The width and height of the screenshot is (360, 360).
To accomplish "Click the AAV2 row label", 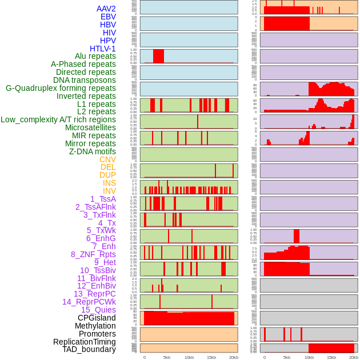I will (x=106, y=9).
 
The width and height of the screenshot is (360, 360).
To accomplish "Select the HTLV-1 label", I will (x=103, y=49).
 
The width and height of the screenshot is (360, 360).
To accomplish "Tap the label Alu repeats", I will (x=95, y=56).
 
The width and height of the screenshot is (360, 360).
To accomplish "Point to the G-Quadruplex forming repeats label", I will (x=61, y=88).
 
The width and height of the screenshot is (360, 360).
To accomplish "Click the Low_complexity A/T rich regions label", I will (x=58, y=119).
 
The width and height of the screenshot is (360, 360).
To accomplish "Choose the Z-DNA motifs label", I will (x=93, y=151).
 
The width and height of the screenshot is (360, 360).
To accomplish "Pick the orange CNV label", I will (x=107, y=159).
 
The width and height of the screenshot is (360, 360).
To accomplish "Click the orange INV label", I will (x=109, y=191).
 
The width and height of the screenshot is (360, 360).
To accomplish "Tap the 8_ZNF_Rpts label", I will (x=93, y=254).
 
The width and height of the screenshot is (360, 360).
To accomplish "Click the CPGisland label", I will (x=97, y=318).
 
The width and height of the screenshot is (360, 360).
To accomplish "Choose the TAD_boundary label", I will (x=89, y=349).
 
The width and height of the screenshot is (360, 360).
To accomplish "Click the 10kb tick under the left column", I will (x=189, y=357).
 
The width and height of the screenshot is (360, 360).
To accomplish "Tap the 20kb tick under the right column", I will (x=354, y=357).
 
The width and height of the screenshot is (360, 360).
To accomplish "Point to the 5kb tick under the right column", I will (x=287, y=357).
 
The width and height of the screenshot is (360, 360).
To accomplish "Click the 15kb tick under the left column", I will (x=211, y=357).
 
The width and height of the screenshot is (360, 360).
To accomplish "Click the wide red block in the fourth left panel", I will (x=158, y=56).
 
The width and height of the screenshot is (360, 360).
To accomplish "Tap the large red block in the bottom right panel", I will (x=331, y=348).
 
